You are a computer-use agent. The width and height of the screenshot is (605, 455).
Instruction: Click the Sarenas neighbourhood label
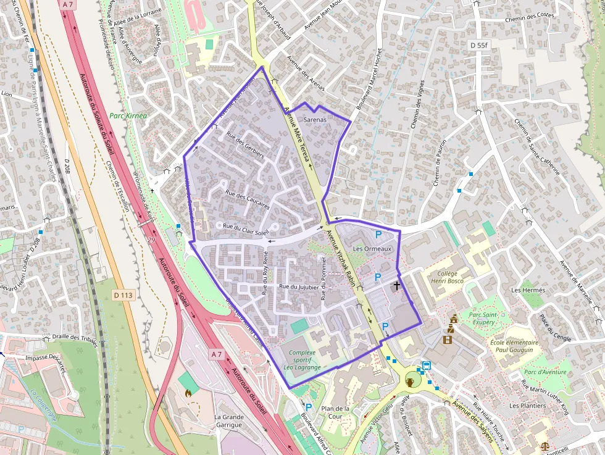[315, 119]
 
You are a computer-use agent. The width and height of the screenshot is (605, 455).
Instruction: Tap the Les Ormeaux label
[372, 249]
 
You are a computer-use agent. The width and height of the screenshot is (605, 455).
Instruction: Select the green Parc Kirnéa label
[128, 115]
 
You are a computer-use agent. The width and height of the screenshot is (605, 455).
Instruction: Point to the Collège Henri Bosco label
[447, 277]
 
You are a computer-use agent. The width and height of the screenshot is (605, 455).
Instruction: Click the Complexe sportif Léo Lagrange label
[302, 360]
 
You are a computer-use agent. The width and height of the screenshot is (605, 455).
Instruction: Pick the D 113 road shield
[123, 295]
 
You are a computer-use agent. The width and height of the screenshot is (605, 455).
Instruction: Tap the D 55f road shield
[478, 45]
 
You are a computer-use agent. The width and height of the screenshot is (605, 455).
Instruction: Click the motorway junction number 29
[151, 240]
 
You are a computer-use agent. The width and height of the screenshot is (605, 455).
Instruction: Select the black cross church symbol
[396, 285]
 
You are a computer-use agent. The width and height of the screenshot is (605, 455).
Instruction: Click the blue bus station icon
[425, 365]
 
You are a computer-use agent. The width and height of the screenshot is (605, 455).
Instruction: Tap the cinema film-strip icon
[448, 339]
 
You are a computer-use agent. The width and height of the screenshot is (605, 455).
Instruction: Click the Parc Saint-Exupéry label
[491, 318]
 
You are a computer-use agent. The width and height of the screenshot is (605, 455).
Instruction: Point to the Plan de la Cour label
[336, 412]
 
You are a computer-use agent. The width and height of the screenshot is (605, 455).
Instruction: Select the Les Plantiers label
[527, 406]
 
